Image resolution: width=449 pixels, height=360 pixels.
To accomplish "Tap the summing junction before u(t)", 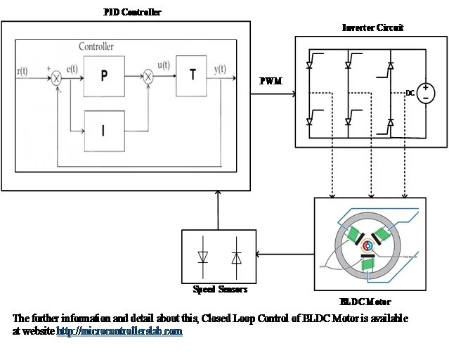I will tap(148, 78).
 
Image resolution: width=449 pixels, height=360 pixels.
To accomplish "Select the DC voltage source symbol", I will tap(426, 94).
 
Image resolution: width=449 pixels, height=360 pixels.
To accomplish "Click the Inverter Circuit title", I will tap(372, 27).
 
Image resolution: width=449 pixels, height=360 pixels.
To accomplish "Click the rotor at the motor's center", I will tap(367, 246).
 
